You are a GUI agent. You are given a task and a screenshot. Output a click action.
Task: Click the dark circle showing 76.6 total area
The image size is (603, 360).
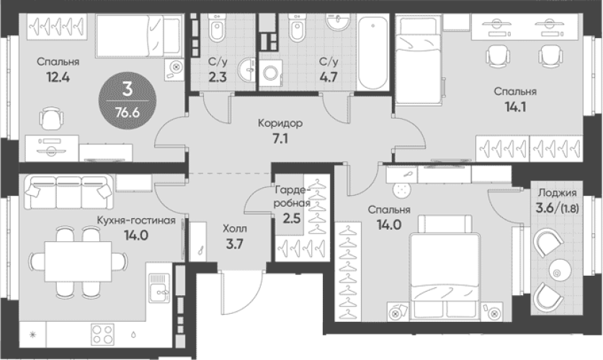[128, 101]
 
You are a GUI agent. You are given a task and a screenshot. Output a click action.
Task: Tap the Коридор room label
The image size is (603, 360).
[280, 123]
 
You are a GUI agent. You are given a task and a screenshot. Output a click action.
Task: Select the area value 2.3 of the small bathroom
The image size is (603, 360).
[218, 77]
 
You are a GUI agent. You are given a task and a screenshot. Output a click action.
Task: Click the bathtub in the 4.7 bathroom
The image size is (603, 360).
[372, 53]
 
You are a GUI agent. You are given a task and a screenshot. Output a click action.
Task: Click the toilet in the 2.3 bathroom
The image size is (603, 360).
[217, 30]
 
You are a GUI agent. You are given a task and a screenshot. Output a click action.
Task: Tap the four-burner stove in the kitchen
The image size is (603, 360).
[103, 334]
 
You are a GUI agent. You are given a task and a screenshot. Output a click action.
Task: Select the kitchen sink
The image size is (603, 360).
[159, 288]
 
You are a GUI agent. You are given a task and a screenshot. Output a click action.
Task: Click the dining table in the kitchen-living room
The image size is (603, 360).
[79, 261]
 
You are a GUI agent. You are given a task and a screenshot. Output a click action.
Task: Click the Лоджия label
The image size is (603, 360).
[557, 192]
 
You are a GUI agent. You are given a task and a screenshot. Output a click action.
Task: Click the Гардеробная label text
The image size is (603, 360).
[292, 196]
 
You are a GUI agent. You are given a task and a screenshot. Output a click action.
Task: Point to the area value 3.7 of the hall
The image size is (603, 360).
[234, 244]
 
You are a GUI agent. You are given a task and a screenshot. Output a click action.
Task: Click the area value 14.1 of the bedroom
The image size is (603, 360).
[515, 107]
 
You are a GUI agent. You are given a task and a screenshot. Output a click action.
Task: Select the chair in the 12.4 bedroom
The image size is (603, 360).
[51, 119]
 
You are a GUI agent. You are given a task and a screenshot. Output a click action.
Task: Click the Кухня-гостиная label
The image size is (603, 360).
[136, 220]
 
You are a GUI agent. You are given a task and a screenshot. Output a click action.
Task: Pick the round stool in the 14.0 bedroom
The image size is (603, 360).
[401, 189]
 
